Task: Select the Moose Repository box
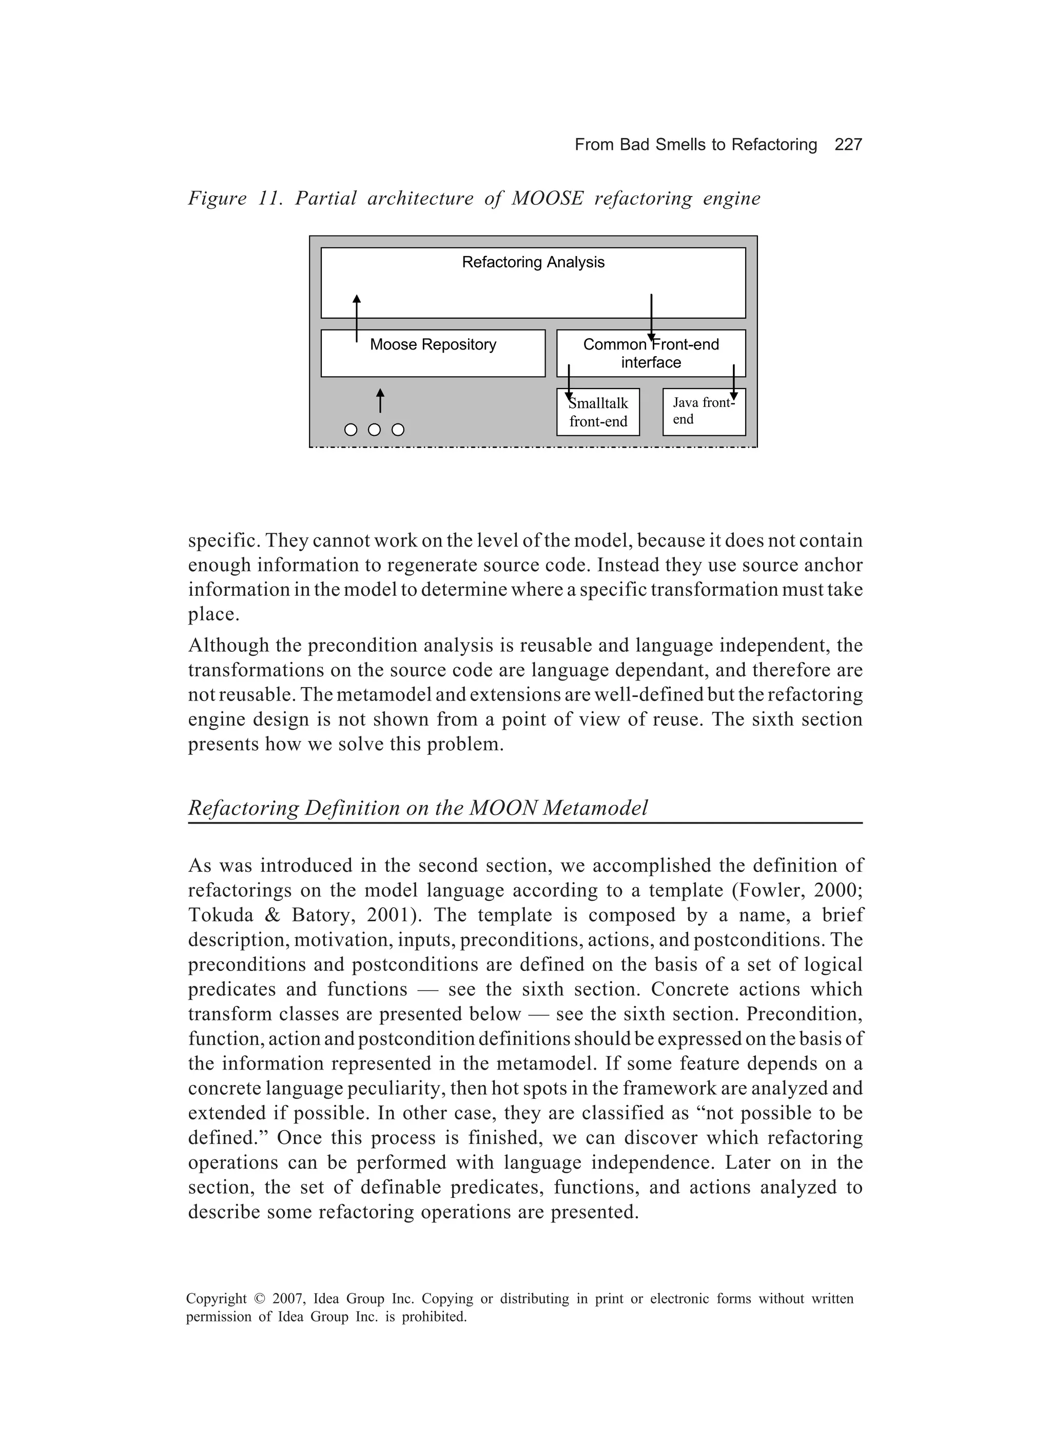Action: [433, 354]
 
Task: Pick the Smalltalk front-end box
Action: [598, 413]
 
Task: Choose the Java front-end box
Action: [704, 412]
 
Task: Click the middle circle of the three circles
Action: [374, 430]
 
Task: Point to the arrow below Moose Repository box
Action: [380, 401]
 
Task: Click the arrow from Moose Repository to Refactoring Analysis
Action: [357, 318]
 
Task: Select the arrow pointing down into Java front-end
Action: [733, 383]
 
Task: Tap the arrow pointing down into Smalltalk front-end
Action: [569, 383]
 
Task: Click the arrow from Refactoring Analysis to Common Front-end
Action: [651, 317]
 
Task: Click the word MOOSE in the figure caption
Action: [547, 199]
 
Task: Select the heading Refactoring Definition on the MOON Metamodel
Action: [418, 808]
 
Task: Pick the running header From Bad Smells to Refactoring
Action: [695, 145]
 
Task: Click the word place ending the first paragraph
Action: [212, 614]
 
